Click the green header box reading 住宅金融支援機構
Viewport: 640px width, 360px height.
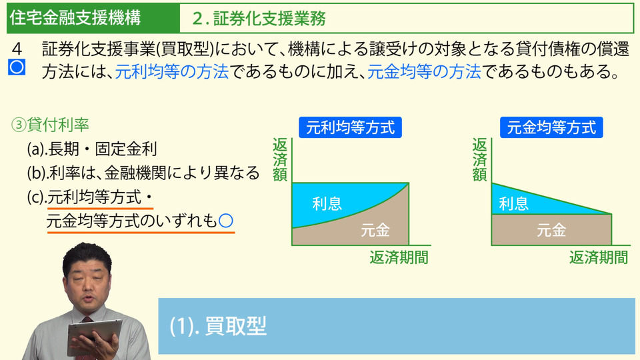tap(93, 18)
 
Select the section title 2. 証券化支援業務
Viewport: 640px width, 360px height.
tap(259, 19)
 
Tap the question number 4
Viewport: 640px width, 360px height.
tap(17, 49)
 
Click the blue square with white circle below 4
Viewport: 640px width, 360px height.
tap(17, 67)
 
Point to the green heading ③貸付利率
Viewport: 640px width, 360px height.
tap(50, 125)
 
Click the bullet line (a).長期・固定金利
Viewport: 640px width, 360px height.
tap(92, 149)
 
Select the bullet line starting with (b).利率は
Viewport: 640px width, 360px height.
tap(143, 173)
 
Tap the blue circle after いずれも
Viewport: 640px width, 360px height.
tap(226, 221)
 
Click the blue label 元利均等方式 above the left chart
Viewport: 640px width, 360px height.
tap(350, 127)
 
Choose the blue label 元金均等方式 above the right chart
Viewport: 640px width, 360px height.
tap(551, 127)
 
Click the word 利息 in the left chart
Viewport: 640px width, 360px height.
tap(327, 203)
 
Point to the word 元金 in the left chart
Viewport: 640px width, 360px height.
tap(375, 230)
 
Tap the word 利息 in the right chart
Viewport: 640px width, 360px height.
tap(513, 203)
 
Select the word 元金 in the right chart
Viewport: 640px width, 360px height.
tap(551, 230)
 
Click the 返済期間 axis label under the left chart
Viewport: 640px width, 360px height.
tap(399, 257)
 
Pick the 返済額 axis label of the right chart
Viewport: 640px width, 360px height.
tap(479, 159)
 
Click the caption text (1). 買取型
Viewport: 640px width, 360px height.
tap(218, 326)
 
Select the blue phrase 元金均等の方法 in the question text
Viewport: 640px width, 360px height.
tap(424, 72)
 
